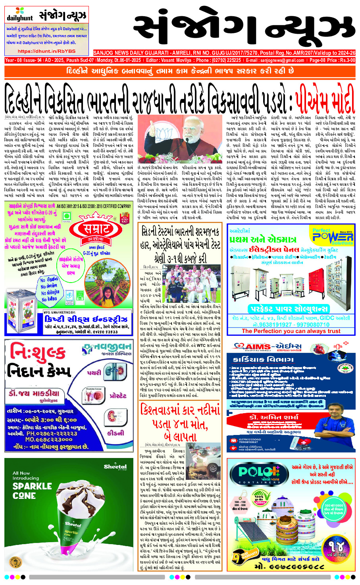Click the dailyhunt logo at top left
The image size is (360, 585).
pyautogui.click(x=19, y=15)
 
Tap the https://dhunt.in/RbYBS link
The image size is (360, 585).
pyautogui.click(x=46, y=51)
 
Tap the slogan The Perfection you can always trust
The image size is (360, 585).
pyautogui.click(x=291, y=331)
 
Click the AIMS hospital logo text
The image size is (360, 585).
pyautogui.click(x=274, y=346)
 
